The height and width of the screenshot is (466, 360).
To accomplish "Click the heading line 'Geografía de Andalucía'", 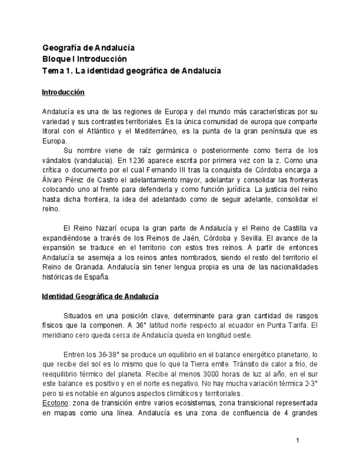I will point(88,48).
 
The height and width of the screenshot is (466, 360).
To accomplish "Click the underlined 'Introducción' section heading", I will point(63,92).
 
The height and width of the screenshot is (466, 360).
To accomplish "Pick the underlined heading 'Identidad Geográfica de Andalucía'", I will point(100,297).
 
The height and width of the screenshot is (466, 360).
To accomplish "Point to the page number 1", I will point(297,440).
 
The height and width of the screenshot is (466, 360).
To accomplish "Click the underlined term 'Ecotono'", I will point(54,403).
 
